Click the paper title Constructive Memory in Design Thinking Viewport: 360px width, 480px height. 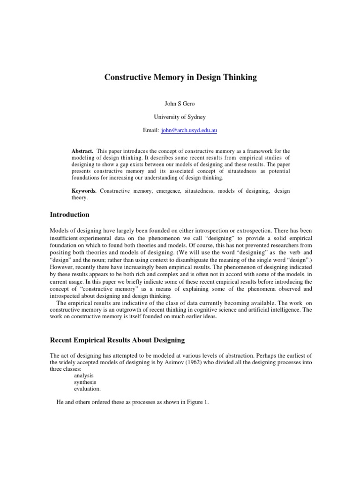click(180, 78)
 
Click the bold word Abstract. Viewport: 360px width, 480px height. click(82, 151)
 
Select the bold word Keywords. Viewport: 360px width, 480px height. click(84, 191)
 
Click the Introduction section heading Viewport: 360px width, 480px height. click(69, 215)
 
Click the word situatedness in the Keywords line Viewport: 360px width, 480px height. click(198, 191)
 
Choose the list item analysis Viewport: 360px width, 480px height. click(84, 375)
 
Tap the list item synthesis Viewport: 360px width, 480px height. click(85, 382)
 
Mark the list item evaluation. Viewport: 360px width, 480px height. click(87, 389)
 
